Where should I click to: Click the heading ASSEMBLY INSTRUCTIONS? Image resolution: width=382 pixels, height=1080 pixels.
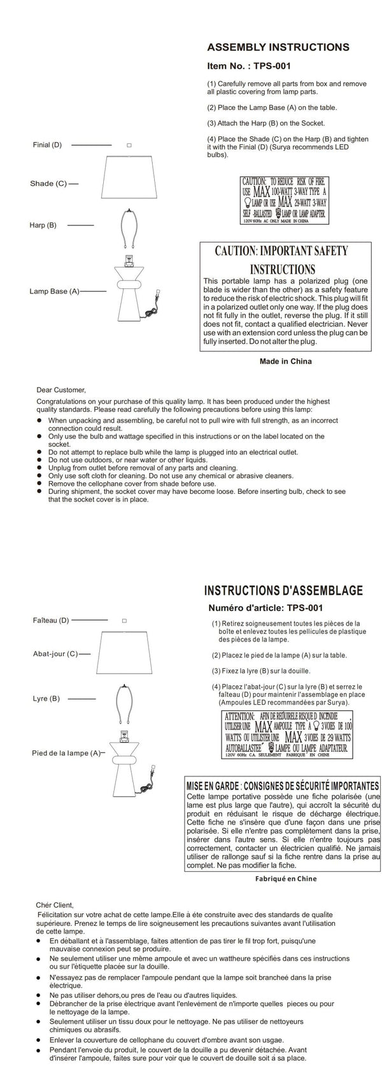(278, 47)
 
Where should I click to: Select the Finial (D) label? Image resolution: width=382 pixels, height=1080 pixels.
(47, 145)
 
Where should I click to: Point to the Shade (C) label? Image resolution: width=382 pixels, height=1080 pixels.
(48, 183)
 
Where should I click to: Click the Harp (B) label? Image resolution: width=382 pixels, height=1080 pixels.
(43, 225)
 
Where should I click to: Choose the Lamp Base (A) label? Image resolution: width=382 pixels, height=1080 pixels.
(54, 291)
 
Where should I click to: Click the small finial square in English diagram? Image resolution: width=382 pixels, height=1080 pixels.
(129, 145)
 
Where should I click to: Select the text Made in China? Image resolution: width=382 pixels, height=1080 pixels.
(285, 361)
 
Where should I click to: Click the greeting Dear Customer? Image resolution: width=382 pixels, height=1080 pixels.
(60, 390)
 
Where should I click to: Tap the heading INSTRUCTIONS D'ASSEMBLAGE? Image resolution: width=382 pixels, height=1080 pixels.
(283, 589)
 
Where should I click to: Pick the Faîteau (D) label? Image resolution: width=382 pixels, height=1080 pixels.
(50, 620)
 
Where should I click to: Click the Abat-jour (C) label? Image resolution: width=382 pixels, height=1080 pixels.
(55, 654)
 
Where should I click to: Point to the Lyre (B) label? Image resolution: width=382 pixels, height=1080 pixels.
(46, 698)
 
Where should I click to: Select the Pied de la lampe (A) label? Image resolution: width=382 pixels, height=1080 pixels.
(66, 753)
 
